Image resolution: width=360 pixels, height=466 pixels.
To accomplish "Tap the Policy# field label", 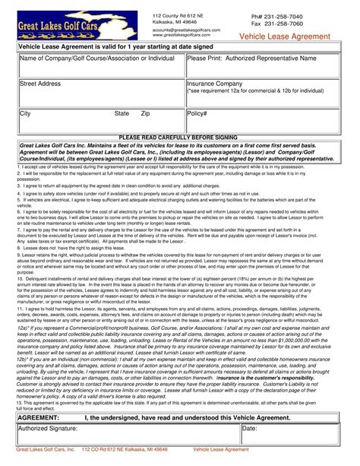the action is click(197, 113).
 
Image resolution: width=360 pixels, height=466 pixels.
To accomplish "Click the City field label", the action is click(25, 113).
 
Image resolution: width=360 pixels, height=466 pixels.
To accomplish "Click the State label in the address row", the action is click(122, 113).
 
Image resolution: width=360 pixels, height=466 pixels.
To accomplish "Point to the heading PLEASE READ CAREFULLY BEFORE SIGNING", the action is click(180, 137).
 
